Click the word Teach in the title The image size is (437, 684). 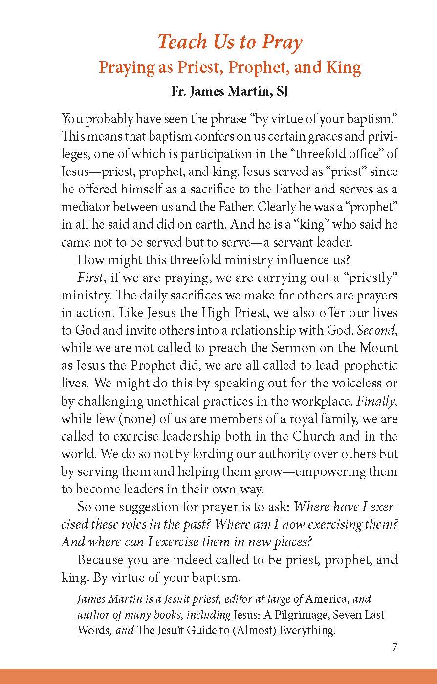182,43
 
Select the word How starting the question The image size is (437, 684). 89,260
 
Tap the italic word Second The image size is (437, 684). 377,330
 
